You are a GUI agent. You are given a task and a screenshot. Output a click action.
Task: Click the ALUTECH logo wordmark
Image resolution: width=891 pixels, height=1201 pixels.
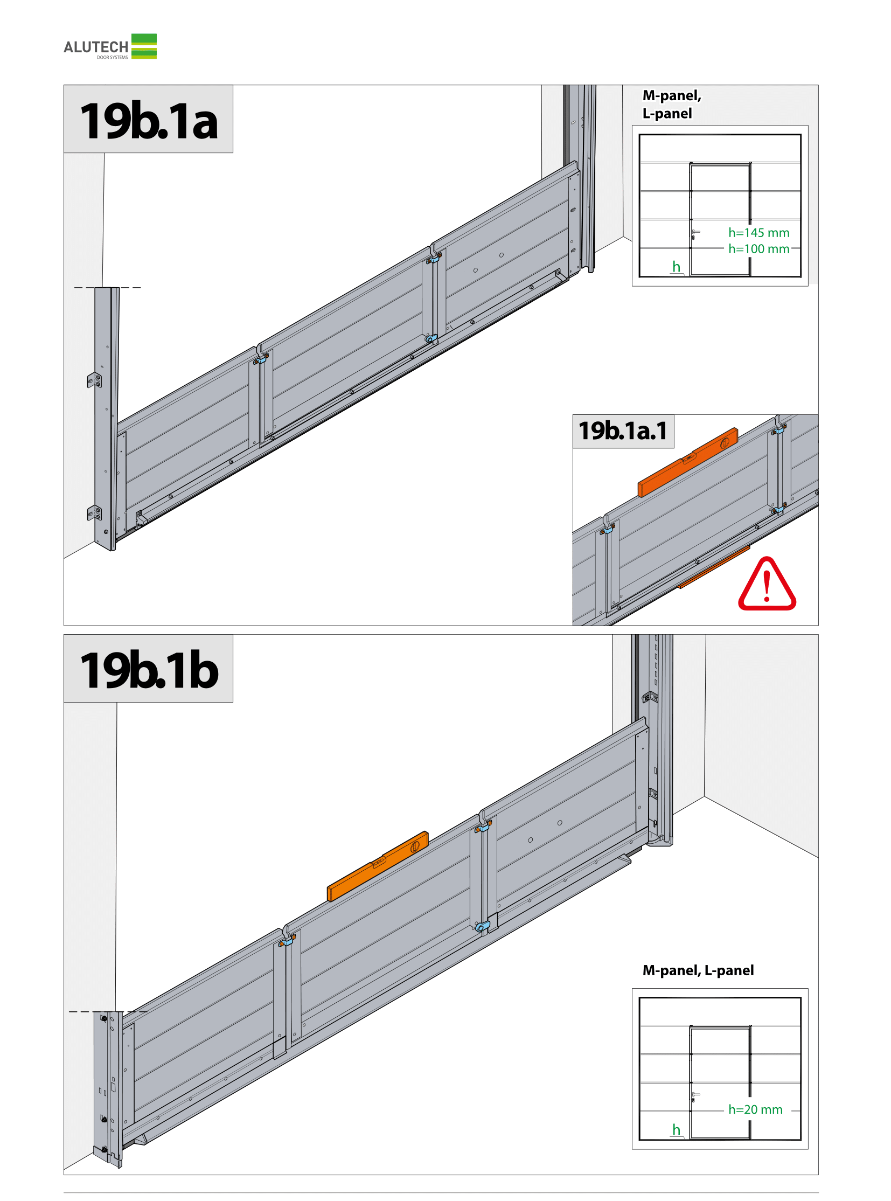(96, 47)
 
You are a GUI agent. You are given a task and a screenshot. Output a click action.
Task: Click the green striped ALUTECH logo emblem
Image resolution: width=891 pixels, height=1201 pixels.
(144, 46)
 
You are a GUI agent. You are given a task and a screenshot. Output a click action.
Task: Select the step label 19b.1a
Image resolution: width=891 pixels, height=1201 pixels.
(149, 121)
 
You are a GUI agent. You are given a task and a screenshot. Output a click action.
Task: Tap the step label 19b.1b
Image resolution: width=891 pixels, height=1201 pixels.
(149, 671)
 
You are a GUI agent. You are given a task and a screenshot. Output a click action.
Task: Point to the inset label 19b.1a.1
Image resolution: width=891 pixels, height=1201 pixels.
(623, 431)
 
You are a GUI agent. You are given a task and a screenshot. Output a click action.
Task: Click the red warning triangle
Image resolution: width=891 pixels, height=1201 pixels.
(767, 584)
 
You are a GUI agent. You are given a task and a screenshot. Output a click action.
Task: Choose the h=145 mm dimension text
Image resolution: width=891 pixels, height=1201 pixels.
(759, 233)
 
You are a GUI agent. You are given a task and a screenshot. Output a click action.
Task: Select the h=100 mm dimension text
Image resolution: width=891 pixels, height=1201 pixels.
(759, 249)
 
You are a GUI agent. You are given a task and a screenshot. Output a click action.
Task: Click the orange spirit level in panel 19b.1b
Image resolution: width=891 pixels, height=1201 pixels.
(378, 866)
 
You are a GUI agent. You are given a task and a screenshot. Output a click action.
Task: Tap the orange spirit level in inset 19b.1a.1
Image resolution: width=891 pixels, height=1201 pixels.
(688, 462)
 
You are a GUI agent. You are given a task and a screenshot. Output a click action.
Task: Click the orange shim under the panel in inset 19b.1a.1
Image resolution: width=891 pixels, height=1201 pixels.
(714, 567)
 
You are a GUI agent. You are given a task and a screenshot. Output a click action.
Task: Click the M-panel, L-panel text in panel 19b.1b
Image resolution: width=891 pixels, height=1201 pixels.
(698, 970)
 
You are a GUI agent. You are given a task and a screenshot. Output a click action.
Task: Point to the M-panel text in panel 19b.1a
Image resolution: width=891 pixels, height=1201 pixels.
(672, 95)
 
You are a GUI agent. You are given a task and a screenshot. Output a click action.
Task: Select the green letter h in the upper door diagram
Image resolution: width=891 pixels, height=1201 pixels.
(677, 267)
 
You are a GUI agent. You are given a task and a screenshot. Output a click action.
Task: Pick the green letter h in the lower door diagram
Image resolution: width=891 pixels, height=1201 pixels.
(677, 1130)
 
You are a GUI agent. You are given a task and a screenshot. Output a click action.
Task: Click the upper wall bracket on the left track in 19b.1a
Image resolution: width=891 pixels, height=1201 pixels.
(94, 380)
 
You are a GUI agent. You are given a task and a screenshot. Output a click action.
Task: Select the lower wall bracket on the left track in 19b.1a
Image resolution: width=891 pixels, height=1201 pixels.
(94, 513)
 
